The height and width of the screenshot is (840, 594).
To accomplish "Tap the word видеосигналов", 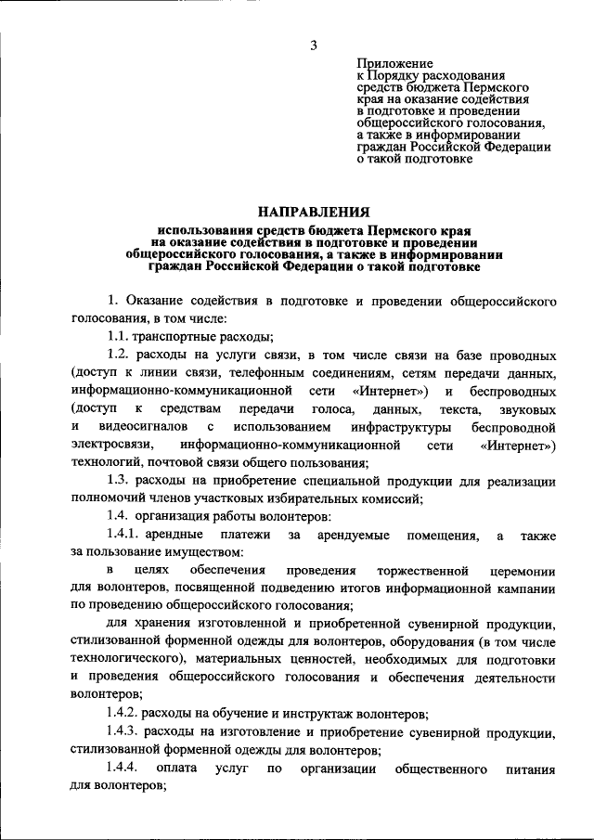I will (136, 426).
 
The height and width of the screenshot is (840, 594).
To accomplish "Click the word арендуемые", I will (355, 534).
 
